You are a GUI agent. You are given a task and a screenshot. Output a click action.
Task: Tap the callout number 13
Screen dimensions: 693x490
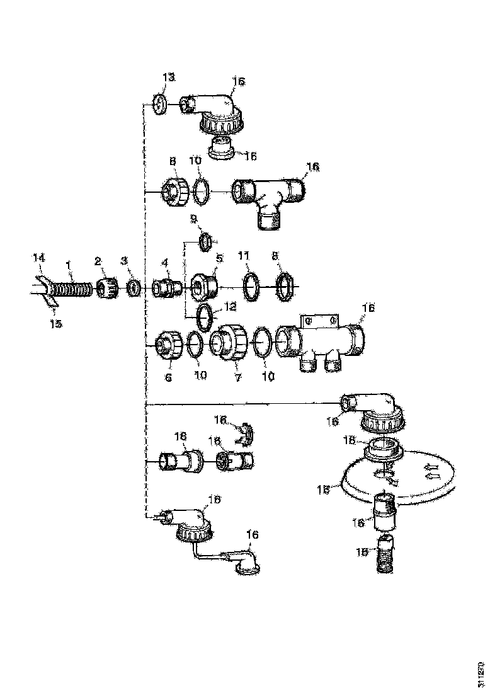click(x=168, y=77)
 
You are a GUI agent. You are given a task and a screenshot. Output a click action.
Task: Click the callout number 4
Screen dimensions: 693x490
click(x=164, y=261)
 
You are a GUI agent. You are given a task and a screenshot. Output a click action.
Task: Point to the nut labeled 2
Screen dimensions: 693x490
click(x=106, y=289)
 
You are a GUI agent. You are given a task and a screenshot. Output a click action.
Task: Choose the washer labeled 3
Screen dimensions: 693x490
click(x=133, y=289)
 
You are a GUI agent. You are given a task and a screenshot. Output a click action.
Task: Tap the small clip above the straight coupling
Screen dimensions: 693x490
click(x=244, y=434)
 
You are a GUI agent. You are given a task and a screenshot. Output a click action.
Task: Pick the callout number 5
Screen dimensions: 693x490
click(x=220, y=258)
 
